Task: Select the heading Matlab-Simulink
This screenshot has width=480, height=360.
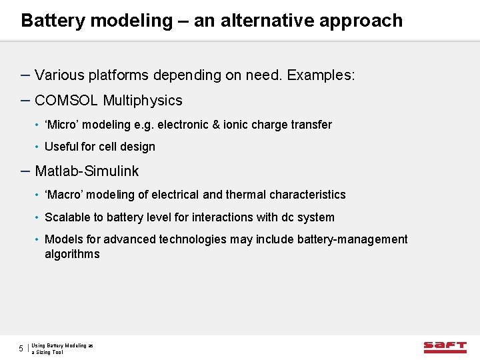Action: pyautogui.click(x=87, y=171)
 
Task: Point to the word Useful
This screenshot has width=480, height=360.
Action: pyautogui.click(x=60, y=147)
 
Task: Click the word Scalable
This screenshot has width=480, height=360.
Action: pyautogui.click(x=65, y=217)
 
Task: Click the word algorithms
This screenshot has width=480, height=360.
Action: pyautogui.click(x=72, y=254)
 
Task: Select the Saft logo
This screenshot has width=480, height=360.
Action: pyautogui.click(x=445, y=347)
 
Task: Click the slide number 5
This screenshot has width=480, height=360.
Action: pyautogui.click(x=21, y=349)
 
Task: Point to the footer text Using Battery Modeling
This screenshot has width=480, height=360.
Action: pyautogui.click(x=62, y=345)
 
